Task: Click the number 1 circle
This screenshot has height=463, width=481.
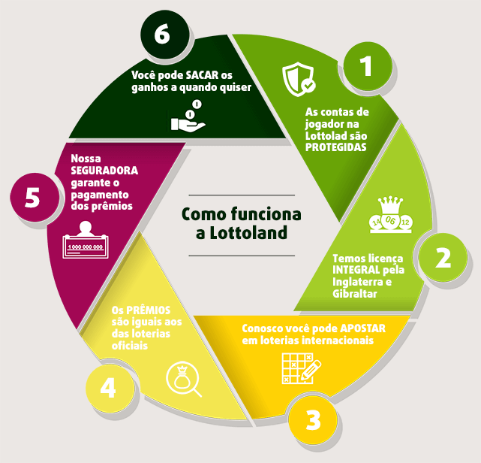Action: click(x=365, y=66)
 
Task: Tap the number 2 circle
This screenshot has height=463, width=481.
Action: click(x=443, y=258)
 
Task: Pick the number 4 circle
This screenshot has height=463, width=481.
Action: click(x=108, y=388)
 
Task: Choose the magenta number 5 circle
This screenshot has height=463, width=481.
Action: click(x=32, y=198)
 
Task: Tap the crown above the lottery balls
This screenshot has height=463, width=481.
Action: click(x=389, y=205)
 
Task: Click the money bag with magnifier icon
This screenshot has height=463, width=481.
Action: click(x=184, y=378)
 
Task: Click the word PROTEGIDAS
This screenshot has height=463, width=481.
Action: click(x=335, y=147)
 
